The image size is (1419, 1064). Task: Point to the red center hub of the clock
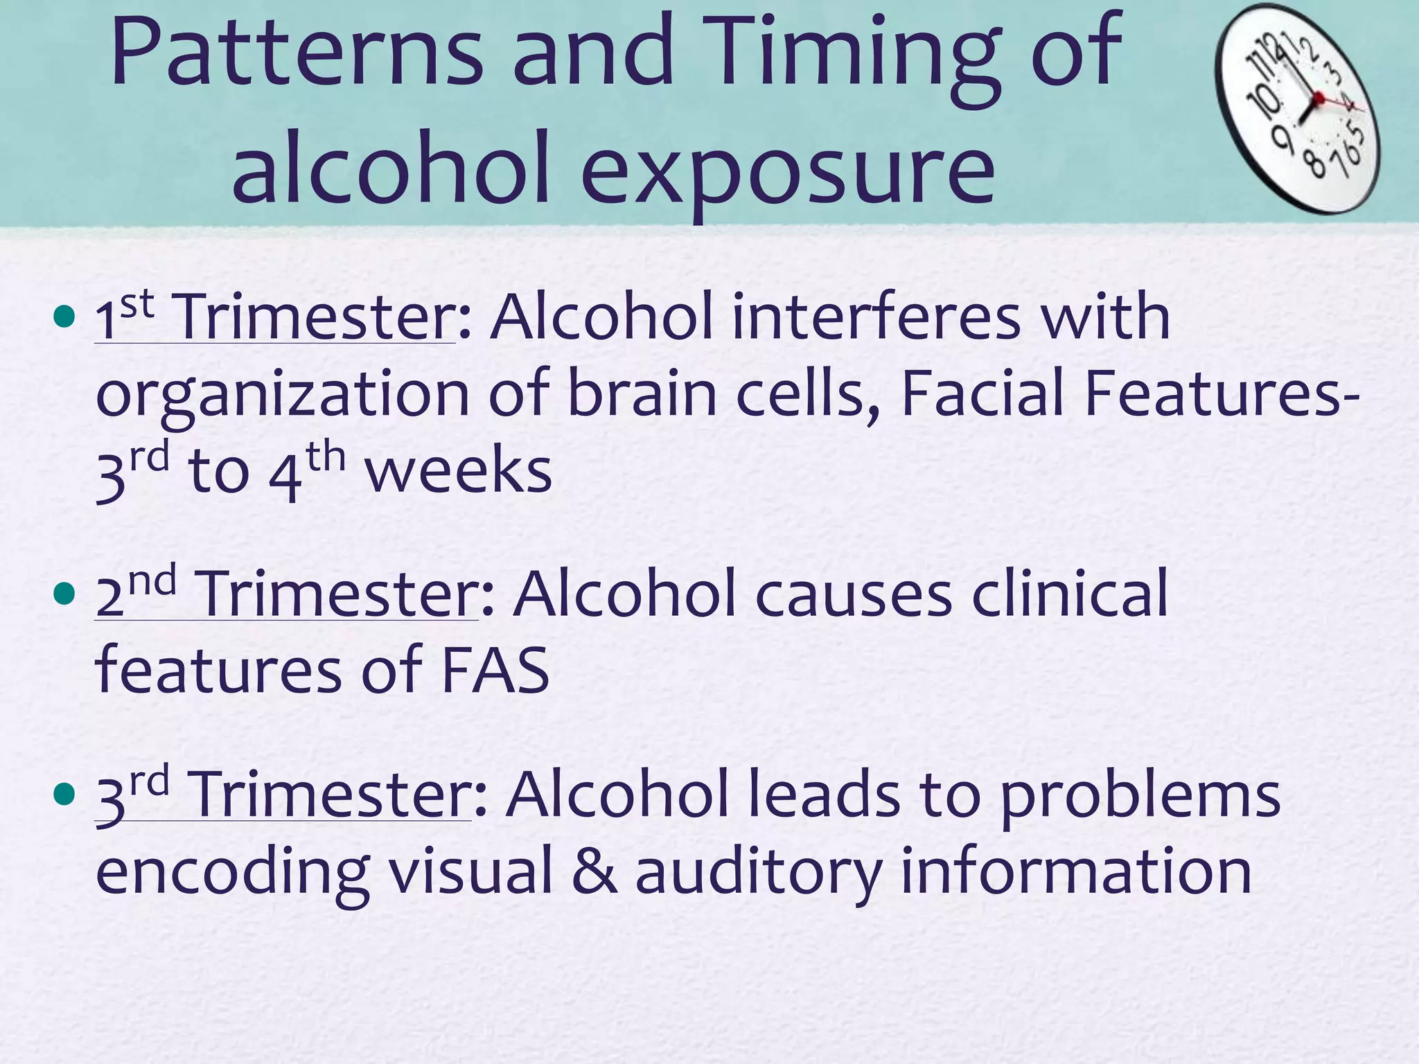point(1318,98)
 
